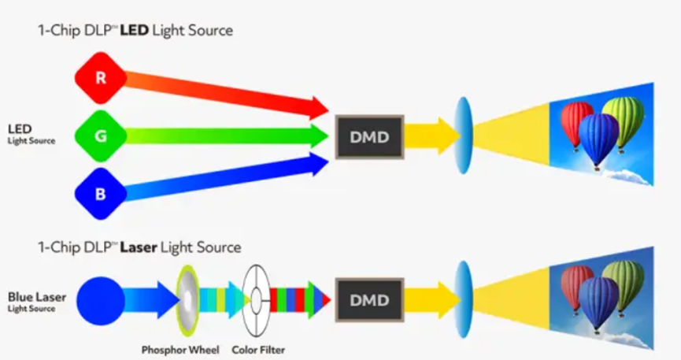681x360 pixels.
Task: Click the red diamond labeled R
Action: coord(100,78)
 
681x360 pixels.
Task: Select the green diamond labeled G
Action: coord(100,135)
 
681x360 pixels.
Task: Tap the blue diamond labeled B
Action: coord(100,193)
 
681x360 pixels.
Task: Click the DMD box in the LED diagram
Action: coord(369,136)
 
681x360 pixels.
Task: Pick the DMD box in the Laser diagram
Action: coord(369,300)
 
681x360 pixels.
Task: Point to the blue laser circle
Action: coord(101,300)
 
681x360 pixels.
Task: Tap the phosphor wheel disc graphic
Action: coord(189,300)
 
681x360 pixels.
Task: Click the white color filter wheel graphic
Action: coord(255,300)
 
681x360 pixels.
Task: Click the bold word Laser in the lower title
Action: coord(138,247)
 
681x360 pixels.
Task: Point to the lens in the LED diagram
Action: coord(463,135)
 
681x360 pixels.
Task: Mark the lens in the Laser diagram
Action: coord(463,300)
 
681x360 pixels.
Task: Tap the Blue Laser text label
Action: coord(37,297)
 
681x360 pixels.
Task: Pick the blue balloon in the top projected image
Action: coord(598,137)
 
